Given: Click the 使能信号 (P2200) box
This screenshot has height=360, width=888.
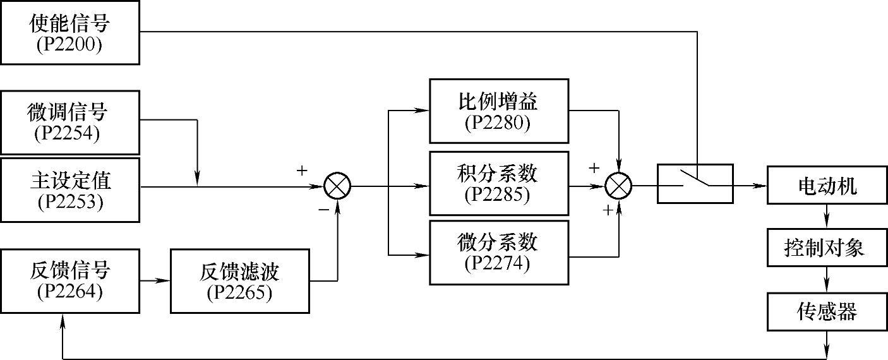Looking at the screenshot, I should [69, 32].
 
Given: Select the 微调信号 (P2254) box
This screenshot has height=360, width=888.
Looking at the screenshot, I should [69, 122].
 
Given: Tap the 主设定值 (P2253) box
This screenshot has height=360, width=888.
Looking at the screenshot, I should [69, 189].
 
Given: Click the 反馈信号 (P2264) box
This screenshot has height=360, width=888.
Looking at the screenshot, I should [69, 280].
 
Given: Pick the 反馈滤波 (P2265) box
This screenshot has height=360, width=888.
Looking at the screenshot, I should [239, 280].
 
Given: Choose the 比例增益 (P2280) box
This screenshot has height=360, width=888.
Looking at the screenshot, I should [498, 111].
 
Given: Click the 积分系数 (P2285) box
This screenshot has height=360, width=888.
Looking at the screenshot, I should [498, 183].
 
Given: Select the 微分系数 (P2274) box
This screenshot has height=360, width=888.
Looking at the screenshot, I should [498, 252].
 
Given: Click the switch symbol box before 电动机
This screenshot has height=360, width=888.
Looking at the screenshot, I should [695, 184].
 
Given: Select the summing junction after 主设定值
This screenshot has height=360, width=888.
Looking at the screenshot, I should [337, 186].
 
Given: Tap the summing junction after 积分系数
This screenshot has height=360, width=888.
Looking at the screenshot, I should [618, 186].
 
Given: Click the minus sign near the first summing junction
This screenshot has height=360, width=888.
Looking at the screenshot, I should [323, 210].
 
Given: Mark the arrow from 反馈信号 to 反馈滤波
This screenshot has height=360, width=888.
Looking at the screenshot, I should [155, 280].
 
